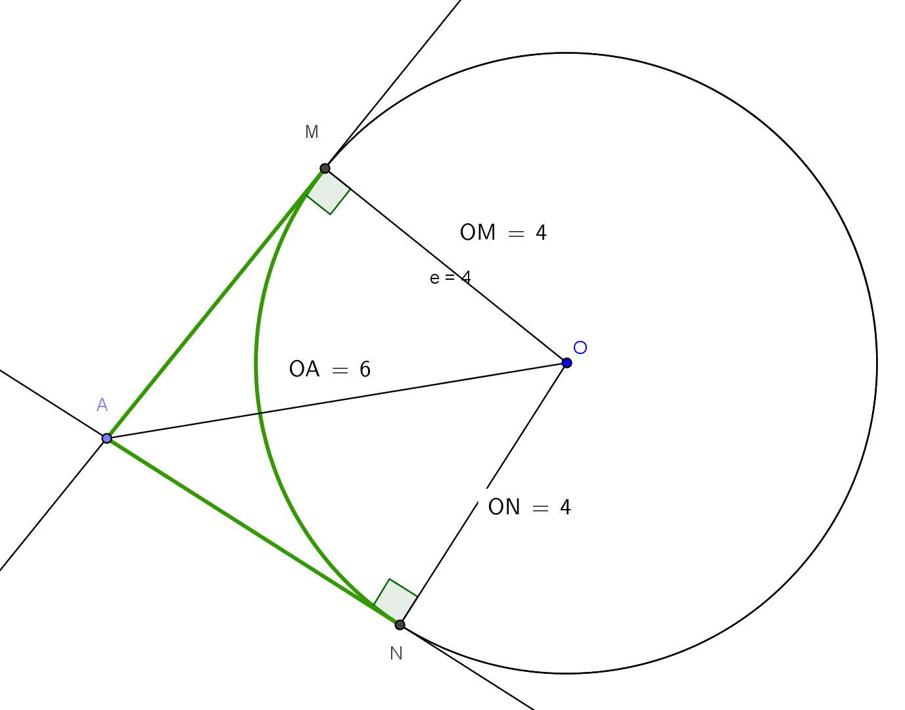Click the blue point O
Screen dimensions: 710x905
click(x=567, y=363)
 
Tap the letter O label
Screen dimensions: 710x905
click(x=580, y=347)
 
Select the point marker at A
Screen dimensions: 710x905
click(x=107, y=438)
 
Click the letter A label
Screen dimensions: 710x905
click(x=102, y=405)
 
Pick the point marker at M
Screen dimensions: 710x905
click(x=325, y=169)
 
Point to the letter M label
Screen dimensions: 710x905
click(x=312, y=132)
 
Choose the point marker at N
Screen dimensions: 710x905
click(x=400, y=625)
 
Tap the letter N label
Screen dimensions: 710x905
click(x=396, y=654)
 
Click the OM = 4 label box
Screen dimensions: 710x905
click(x=503, y=233)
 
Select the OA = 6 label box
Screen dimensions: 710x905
click(x=331, y=369)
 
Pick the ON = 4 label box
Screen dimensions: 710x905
click(x=530, y=507)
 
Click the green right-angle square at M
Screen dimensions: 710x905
click(x=329, y=193)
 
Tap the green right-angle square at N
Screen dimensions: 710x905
click(x=395, y=600)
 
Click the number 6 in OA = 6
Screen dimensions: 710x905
click(x=365, y=370)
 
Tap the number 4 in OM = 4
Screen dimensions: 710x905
click(x=541, y=233)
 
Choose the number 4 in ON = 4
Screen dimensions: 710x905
click(x=565, y=508)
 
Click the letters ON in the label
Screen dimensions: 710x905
click(x=504, y=507)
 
